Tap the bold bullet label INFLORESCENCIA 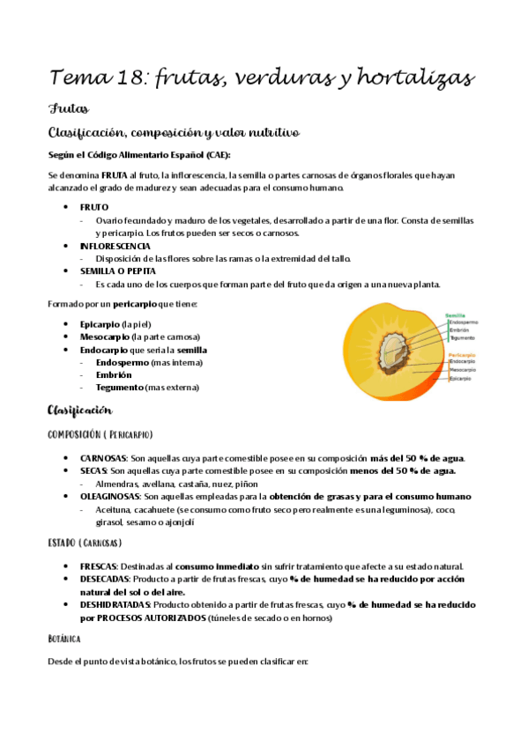click(115, 246)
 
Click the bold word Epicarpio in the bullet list click(100, 323)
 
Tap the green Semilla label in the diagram click(456, 314)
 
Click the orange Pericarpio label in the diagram click(462, 354)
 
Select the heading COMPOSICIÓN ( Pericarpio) click(100, 434)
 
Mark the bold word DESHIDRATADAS click(115, 605)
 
